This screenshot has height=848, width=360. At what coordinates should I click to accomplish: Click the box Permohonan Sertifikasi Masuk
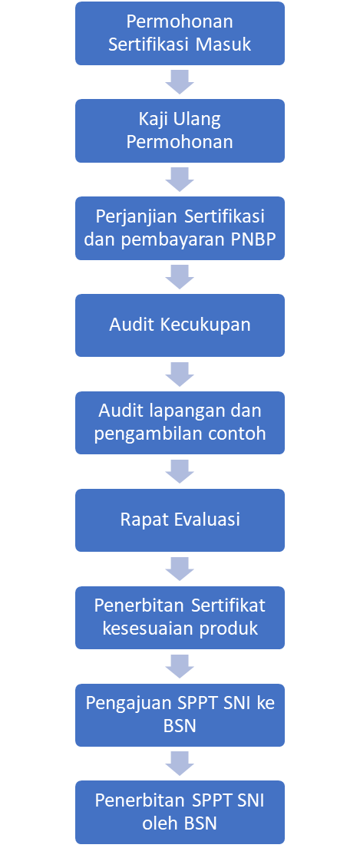(180, 34)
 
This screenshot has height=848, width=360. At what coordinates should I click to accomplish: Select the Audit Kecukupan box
(180, 325)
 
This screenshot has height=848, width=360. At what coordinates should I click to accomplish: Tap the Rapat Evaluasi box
(180, 520)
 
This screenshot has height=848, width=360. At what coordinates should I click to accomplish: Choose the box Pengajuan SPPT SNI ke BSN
(180, 715)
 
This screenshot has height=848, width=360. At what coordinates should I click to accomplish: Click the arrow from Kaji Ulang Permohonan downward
(180, 180)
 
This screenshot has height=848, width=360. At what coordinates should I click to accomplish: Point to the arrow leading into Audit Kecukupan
(180, 277)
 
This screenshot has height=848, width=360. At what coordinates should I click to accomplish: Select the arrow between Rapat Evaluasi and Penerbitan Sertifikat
(180, 569)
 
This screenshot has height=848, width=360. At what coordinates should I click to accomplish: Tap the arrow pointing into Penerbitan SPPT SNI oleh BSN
(180, 764)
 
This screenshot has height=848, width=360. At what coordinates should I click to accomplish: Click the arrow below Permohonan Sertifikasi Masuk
(180, 82)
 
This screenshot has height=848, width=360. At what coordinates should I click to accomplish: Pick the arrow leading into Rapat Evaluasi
(180, 472)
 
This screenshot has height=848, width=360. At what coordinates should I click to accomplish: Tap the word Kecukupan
(206, 326)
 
